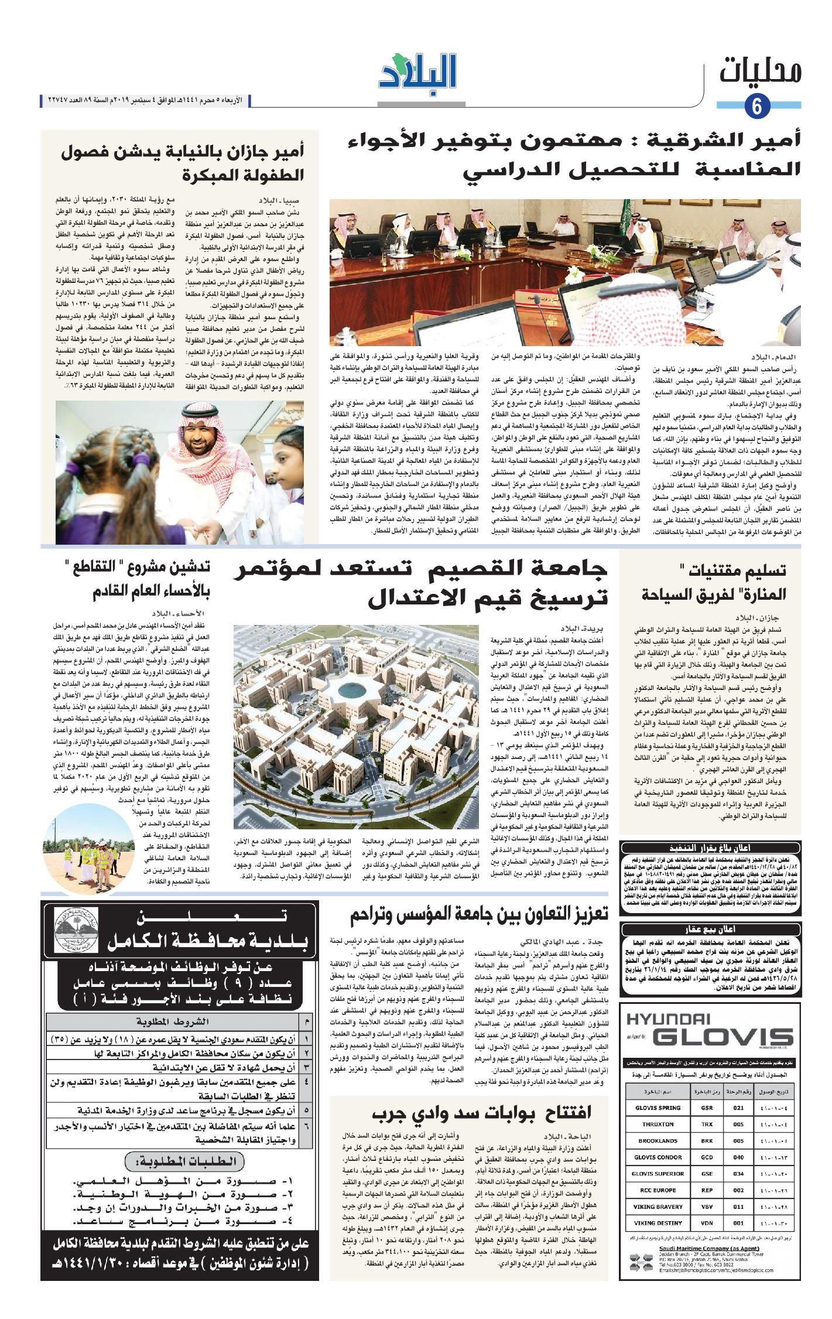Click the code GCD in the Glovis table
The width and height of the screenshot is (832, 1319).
706,1157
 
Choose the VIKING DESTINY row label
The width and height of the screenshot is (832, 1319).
659,1223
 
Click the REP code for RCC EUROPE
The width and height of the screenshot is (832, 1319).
706,1190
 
